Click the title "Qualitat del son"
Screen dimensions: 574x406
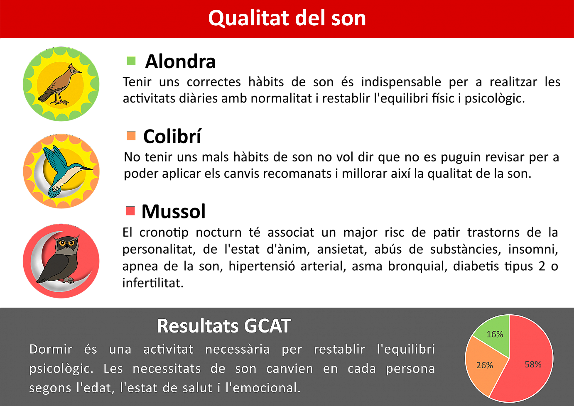(x=287, y=18)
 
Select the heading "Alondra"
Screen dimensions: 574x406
(x=180, y=61)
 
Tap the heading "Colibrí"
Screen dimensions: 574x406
(x=172, y=136)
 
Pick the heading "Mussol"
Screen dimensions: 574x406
(x=174, y=211)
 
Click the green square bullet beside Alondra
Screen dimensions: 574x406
(x=131, y=61)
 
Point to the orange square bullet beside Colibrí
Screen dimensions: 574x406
(x=131, y=136)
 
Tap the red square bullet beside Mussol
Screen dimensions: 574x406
(x=130, y=211)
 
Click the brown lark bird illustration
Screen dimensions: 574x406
(x=59, y=85)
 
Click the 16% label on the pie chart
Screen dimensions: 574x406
(x=495, y=334)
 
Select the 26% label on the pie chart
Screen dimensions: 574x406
(x=485, y=365)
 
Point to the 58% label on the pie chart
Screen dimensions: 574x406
(x=533, y=364)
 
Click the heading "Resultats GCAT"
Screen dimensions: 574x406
(x=224, y=326)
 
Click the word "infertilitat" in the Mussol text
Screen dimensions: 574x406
(x=153, y=283)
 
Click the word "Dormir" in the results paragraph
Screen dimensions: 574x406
(x=51, y=349)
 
